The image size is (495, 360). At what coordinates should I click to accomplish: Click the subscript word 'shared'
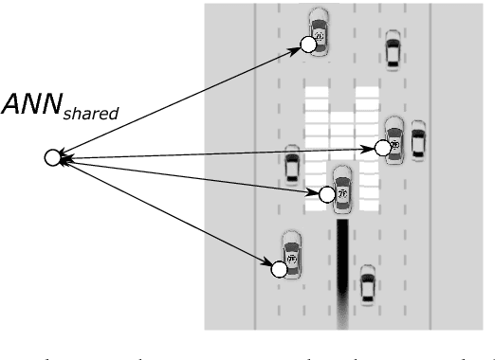click(91, 113)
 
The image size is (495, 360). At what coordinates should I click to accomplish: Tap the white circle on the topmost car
click(307, 44)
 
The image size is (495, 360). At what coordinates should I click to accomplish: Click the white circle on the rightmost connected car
click(382, 147)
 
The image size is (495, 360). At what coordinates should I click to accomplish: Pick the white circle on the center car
click(327, 194)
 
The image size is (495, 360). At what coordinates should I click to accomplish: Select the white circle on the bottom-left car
click(279, 270)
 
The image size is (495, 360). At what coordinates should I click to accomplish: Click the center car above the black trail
click(342, 186)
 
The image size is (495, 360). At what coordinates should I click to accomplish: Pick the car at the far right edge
click(417, 140)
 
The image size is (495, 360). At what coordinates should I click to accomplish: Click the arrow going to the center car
click(190, 175)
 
